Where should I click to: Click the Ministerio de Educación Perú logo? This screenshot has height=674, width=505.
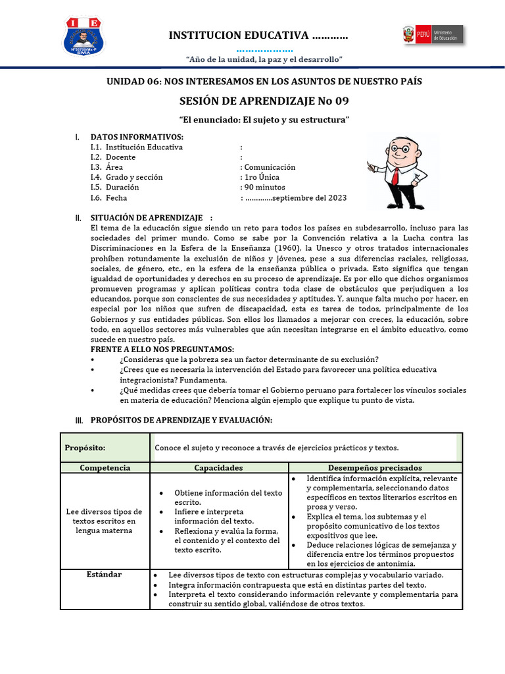[x=432, y=35]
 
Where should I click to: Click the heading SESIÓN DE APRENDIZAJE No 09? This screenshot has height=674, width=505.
[x=264, y=101]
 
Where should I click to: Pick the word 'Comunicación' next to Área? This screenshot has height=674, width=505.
[x=270, y=167]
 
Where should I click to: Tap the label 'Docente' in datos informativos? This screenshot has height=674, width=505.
[x=120, y=157]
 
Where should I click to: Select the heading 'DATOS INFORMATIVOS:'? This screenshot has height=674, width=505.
[x=137, y=136]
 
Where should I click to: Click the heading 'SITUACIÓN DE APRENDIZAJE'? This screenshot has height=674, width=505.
[x=146, y=217]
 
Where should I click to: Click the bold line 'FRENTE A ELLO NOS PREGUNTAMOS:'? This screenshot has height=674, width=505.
[x=162, y=348]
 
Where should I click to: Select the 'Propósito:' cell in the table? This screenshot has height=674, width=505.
[x=85, y=448]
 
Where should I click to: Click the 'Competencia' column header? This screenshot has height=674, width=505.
[x=105, y=467]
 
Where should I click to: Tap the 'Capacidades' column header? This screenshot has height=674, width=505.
[x=218, y=467]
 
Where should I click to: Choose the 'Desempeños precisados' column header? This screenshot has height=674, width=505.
[x=375, y=467]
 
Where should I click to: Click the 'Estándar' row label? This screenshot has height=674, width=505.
[x=104, y=574]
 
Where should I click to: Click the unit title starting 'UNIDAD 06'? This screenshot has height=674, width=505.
[x=264, y=81]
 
